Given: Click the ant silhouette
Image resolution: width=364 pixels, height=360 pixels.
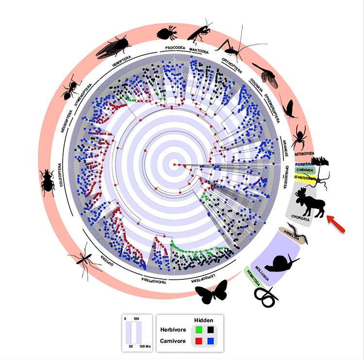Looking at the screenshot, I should point(70,88).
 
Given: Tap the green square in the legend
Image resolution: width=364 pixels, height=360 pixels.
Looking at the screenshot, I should point(198,330).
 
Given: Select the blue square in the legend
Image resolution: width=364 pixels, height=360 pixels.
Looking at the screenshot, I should point(211,342).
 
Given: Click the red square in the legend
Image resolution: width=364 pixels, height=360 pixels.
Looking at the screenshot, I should point(198,342).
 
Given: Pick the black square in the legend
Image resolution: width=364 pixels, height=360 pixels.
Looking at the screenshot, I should point(211,330).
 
